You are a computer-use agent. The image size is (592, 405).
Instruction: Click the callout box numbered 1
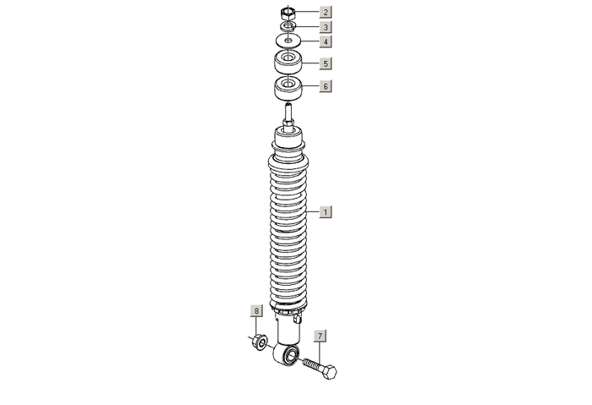[x=326, y=212]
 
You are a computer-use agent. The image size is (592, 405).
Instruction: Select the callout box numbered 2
[x=326, y=12]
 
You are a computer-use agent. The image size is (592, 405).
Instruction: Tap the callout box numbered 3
[x=326, y=27]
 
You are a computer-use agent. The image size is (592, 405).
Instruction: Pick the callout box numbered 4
[x=326, y=41]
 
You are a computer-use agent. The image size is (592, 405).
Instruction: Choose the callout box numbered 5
[x=326, y=63]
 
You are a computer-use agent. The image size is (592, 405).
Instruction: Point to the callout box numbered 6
[x=326, y=86]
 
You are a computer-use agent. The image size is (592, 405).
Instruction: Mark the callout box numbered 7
[x=320, y=336]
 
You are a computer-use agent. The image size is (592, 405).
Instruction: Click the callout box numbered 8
[x=257, y=311]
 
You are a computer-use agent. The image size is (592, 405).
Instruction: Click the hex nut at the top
[x=288, y=14]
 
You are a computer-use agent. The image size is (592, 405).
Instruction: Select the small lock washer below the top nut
[x=288, y=26]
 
